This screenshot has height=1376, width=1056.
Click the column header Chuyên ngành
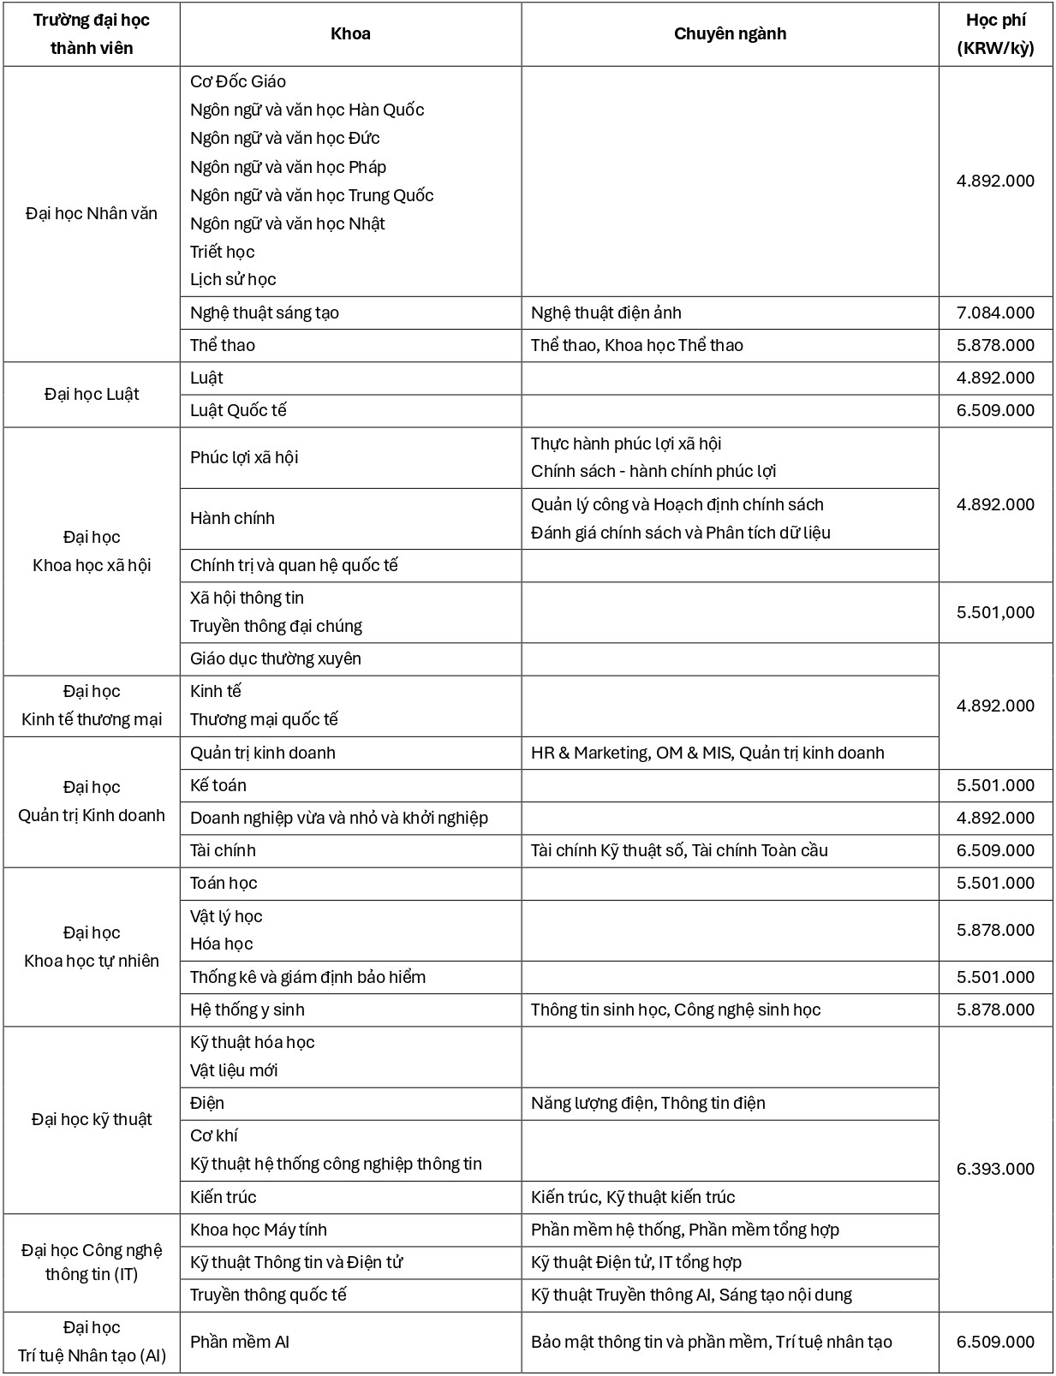(x=730, y=34)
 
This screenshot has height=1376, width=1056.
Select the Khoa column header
(x=350, y=34)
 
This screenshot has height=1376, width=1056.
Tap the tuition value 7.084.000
(x=995, y=313)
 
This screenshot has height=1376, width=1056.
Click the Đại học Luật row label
(x=92, y=394)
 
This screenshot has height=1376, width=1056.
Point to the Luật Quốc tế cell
(x=238, y=410)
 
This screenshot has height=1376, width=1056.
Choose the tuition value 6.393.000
(x=995, y=1169)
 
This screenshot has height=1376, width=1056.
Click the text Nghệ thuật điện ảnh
(x=606, y=313)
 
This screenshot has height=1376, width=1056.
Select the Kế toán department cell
(x=218, y=785)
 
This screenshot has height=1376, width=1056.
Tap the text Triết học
(x=223, y=252)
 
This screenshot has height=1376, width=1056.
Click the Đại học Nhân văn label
(x=92, y=213)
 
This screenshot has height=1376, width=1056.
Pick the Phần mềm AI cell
(x=240, y=1342)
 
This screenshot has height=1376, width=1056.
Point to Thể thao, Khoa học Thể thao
(x=636, y=345)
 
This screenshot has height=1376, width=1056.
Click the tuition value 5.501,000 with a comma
(x=995, y=612)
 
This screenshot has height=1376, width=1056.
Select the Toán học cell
(x=224, y=883)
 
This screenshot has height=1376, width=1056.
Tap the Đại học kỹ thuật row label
(x=92, y=1119)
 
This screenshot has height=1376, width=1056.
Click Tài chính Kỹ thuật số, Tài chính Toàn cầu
(x=679, y=850)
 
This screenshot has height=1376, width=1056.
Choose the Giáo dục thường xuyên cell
(x=276, y=658)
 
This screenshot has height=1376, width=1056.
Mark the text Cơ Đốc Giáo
(x=238, y=81)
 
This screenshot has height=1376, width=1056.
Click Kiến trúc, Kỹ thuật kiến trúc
(x=633, y=1197)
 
